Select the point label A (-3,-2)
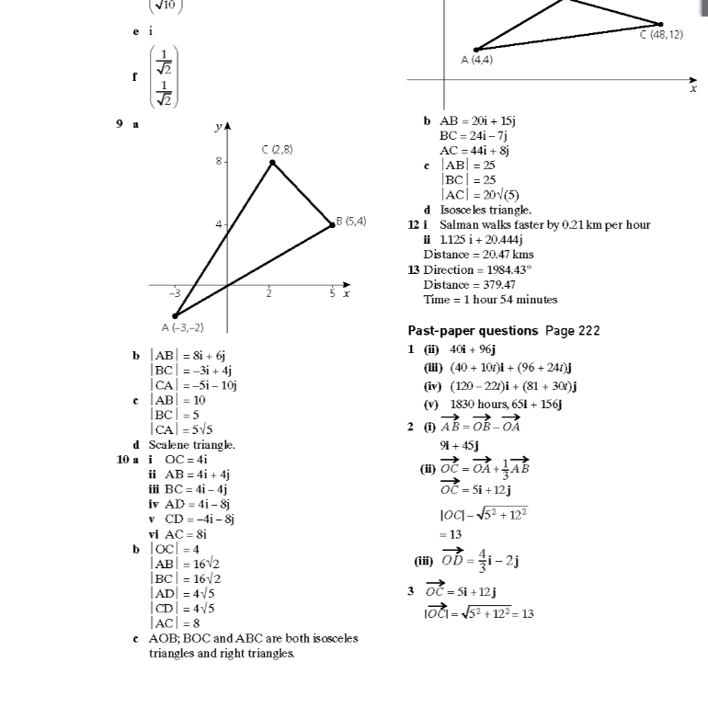click(x=183, y=327)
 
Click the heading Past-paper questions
click(x=473, y=330)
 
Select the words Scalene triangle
click(x=192, y=444)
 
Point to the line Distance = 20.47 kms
click(x=478, y=255)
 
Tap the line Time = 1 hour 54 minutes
click(x=490, y=299)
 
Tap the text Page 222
click(x=573, y=330)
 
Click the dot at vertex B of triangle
click(x=332, y=224)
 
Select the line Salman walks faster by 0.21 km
click(x=544, y=224)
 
